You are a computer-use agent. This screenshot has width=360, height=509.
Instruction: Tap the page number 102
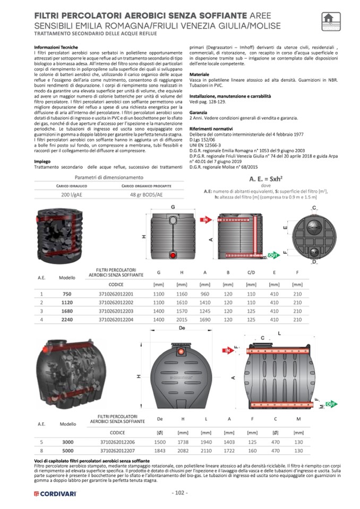[x=180, y=493]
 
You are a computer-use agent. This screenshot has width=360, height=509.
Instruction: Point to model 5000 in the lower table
[x=67, y=451]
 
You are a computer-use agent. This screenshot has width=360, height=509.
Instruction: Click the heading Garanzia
[x=199, y=113]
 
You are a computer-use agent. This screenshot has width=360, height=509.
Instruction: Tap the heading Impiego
[x=42, y=162]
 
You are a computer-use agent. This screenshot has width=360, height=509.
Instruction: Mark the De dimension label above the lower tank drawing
[x=182, y=329]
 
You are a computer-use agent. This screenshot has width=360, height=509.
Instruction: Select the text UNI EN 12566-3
[x=207, y=144]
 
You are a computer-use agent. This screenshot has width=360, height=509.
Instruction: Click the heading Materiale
[x=200, y=75]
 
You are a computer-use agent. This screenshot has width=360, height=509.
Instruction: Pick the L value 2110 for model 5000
[x=205, y=451]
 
